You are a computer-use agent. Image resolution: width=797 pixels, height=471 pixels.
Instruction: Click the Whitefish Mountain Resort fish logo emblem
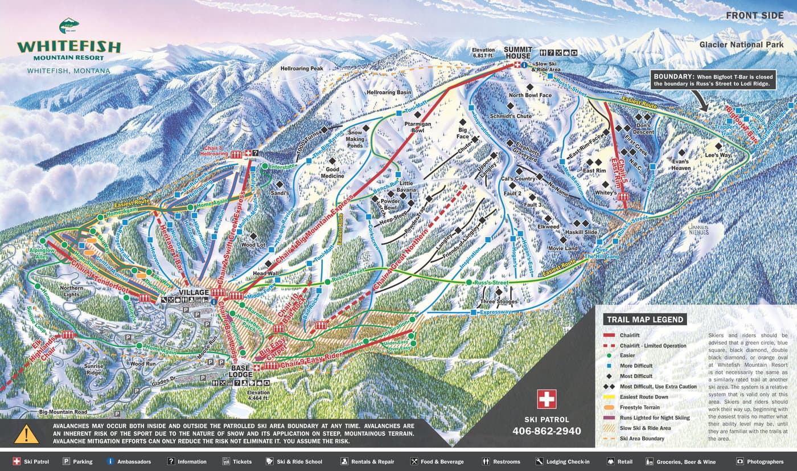(x=69, y=26)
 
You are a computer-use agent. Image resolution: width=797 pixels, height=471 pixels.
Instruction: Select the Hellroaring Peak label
(x=302, y=68)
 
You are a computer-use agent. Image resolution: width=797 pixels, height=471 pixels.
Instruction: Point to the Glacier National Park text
(x=741, y=44)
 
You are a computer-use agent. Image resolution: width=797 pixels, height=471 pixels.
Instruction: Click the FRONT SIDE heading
(x=754, y=15)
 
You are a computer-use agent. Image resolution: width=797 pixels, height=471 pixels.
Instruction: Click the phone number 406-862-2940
(x=547, y=431)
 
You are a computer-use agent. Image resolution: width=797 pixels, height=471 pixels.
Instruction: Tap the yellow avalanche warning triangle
(x=26, y=434)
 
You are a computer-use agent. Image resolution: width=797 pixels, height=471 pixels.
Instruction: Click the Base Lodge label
(x=241, y=371)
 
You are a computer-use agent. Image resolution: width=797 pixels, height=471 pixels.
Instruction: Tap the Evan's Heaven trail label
(x=681, y=164)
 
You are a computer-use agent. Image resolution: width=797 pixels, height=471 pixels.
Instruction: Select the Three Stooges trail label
(x=499, y=301)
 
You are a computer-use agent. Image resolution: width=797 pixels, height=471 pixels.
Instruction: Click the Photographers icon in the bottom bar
(x=740, y=461)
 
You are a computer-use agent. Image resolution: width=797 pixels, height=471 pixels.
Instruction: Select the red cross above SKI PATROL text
(x=547, y=399)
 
